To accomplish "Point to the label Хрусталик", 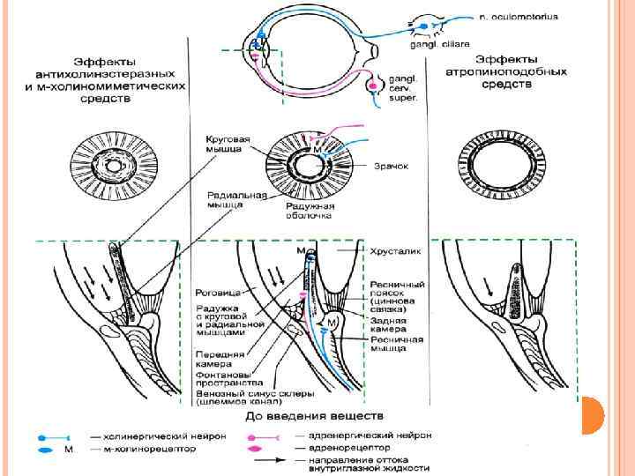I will [x=396, y=251].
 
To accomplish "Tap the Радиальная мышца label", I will [x=225, y=199].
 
